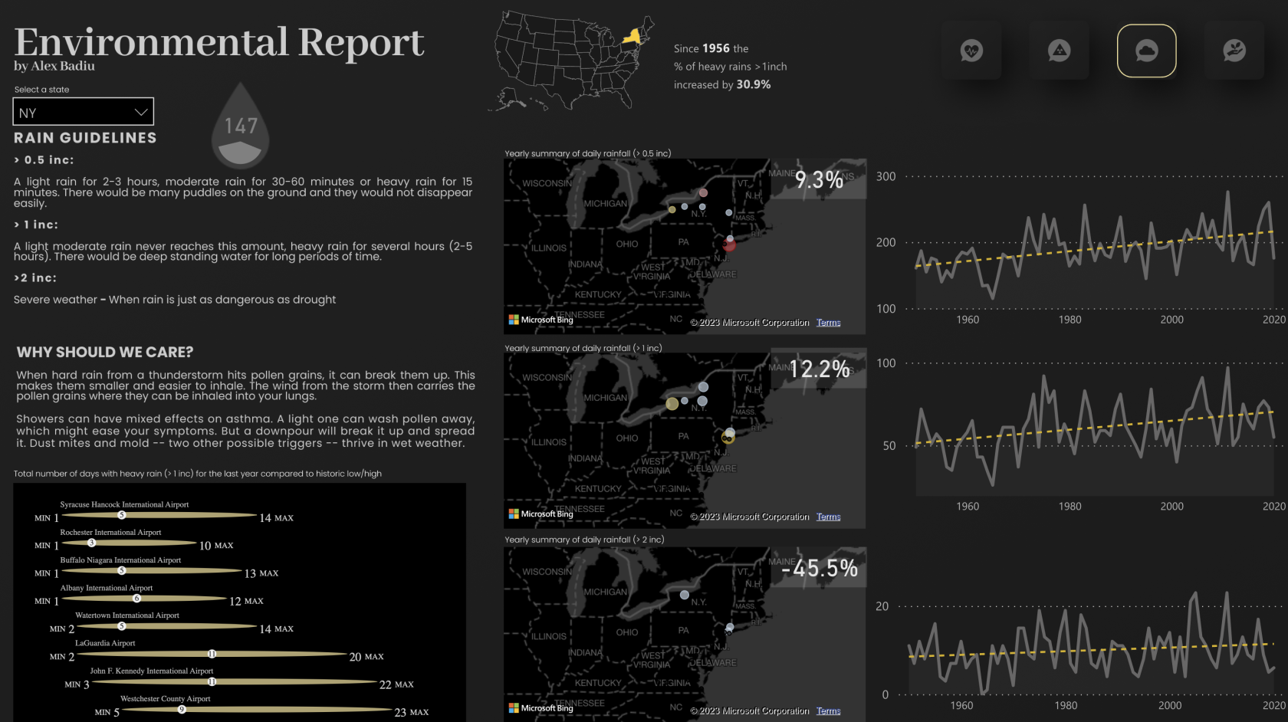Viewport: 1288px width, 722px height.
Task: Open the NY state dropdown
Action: click(83, 112)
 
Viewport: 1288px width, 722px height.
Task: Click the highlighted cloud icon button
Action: click(1146, 51)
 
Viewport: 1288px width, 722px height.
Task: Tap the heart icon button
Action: click(971, 51)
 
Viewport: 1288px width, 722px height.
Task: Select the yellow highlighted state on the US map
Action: click(632, 36)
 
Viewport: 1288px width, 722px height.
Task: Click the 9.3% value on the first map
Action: click(819, 180)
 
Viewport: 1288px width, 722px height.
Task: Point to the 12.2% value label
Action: click(819, 369)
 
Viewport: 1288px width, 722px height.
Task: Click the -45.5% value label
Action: click(819, 568)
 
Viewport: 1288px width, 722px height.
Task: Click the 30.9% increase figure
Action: click(754, 84)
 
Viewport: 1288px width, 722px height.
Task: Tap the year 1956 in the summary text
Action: click(716, 48)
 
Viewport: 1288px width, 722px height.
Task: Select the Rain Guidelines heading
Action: click(85, 138)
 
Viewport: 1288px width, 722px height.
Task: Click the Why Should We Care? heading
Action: click(105, 353)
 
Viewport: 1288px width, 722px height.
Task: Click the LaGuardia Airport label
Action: click(105, 643)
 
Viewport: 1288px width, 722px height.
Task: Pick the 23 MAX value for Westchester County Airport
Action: click(411, 712)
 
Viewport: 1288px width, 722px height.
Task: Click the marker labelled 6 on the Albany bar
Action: click(136, 599)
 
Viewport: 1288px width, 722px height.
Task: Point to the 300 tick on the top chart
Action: click(886, 176)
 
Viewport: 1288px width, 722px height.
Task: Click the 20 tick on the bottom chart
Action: click(882, 606)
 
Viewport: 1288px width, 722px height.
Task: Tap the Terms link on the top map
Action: click(828, 323)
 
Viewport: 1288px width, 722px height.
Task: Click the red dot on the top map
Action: click(729, 244)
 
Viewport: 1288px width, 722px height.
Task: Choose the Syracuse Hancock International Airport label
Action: click(124, 504)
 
